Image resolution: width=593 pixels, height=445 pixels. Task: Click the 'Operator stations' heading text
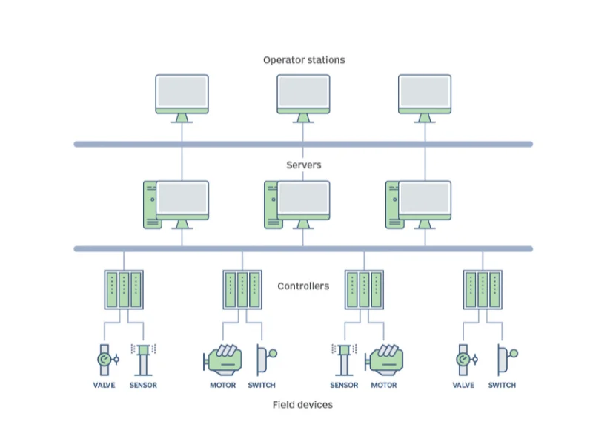tap(304, 60)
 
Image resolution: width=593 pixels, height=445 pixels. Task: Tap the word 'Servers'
tap(304, 165)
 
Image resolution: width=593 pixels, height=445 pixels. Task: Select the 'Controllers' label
tap(303, 286)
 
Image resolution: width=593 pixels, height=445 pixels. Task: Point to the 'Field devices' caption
tap(303, 404)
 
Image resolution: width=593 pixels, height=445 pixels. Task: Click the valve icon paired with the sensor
tap(104, 360)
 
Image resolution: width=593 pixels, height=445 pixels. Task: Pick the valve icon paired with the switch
tap(465, 360)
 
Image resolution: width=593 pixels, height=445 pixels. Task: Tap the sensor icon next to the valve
tap(143, 360)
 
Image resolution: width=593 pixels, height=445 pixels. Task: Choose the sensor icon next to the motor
tap(344, 360)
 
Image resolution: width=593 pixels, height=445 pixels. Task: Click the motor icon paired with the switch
tap(223, 359)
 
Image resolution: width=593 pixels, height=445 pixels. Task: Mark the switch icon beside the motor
tap(264, 358)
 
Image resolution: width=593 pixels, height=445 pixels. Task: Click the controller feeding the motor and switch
tap(242, 289)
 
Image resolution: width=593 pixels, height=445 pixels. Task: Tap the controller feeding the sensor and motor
tap(364, 289)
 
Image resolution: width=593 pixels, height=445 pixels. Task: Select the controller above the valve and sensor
tap(122, 289)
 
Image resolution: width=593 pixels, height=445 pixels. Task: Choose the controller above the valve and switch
tap(483, 289)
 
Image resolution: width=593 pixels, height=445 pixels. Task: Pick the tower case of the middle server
tap(271, 205)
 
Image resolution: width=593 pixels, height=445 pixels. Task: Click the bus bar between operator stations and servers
tap(303, 144)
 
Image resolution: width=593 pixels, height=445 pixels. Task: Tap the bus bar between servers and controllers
tap(303, 248)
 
